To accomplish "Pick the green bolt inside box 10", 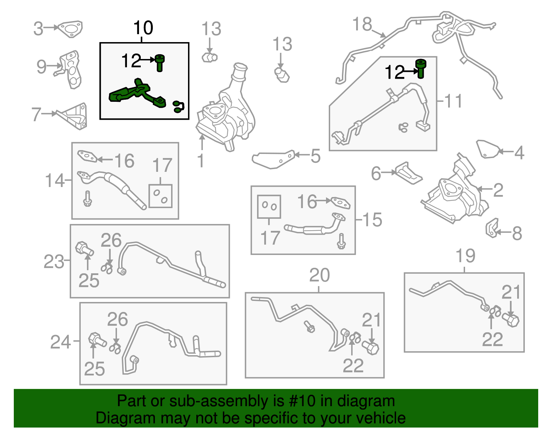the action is coord(160,63).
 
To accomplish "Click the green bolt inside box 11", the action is coord(421,69).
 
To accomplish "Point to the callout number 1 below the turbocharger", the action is coord(201,160).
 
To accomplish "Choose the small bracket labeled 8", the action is coord(492,228).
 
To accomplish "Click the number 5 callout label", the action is coord(315,156).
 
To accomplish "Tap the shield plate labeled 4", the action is coord(488,149).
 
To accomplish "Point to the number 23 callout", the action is coord(54,262).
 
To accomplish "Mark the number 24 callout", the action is coord(60,342).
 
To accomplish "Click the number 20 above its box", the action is coord(319,275).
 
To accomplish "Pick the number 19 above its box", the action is coord(465,255).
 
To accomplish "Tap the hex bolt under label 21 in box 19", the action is coord(511,321).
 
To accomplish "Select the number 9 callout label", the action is coord(42,67).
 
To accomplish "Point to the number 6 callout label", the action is coord(376,174).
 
